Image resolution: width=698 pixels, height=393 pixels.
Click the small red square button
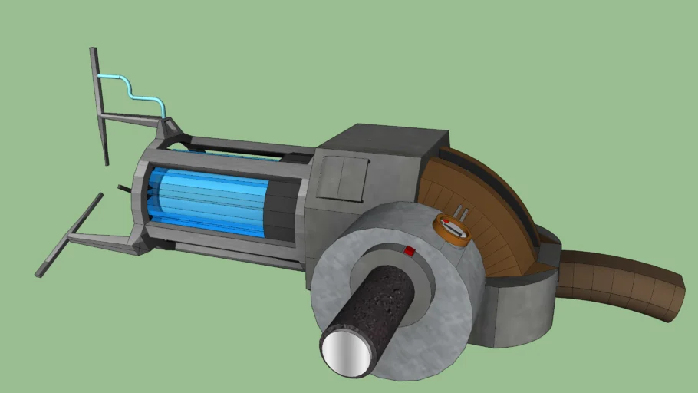[409, 250]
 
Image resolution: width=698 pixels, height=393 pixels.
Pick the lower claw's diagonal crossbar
[69, 234]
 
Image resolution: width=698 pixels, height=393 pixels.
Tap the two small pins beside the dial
[462, 212]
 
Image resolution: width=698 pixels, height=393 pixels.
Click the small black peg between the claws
[123, 188]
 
